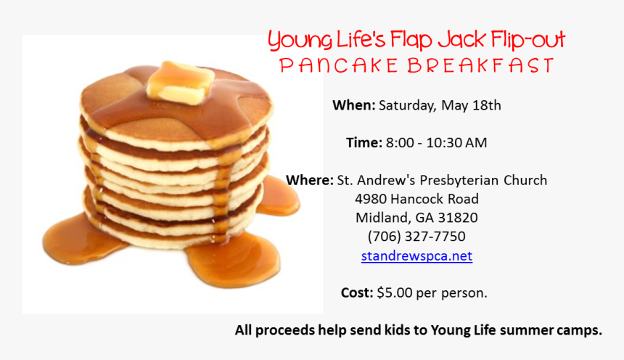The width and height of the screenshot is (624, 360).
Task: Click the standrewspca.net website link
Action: (x=416, y=255)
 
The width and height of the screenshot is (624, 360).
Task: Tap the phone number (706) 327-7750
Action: (x=416, y=237)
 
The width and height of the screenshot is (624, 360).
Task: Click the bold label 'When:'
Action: (x=353, y=105)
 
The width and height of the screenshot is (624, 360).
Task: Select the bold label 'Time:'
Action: (x=364, y=143)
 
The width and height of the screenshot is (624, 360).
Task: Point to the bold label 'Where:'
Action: (x=309, y=180)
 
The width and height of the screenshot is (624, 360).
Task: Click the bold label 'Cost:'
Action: (x=357, y=293)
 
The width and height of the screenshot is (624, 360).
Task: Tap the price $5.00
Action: (x=395, y=293)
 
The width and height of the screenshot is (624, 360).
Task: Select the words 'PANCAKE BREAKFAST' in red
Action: (x=416, y=66)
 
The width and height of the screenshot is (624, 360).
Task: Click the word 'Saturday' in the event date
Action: (x=406, y=105)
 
